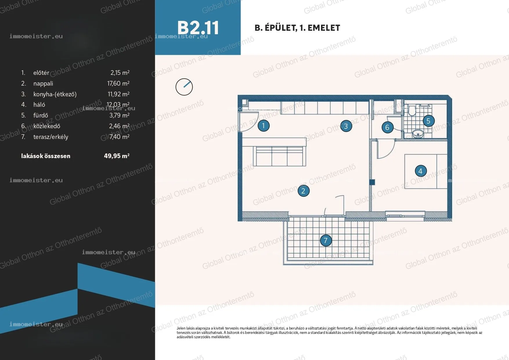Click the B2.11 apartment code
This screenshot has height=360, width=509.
(x=198, y=28)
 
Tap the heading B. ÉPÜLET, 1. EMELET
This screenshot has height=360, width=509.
(x=297, y=28)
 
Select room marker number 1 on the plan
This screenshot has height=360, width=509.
(x=263, y=126)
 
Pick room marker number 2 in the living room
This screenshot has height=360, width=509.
(x=303, y=191)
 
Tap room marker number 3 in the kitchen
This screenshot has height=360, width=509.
(x=346, y=126)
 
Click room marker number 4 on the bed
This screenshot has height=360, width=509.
(x=420, y=171)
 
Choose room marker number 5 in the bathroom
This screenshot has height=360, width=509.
(x=428, y=121)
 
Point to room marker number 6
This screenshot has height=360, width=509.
(x=387, y=127)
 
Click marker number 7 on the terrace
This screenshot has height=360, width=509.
(x=326, y=240)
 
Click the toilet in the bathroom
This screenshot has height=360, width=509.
(x=412, y=111)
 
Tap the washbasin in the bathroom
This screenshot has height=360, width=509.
(x=417, y=133)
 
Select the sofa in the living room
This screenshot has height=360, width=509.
(x=279, y=156)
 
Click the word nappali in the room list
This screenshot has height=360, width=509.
(x=43, y=84)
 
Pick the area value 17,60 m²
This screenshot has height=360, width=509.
(x=118, y=83)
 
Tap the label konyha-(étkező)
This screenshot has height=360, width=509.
(x=55, y=94)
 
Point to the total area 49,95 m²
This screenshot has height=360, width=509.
(x=117, y=156)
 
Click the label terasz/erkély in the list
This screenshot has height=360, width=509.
(x=51, y=137)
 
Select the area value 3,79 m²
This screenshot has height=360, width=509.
(x=119, y=115)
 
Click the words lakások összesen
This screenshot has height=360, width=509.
(x=46, y=156)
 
